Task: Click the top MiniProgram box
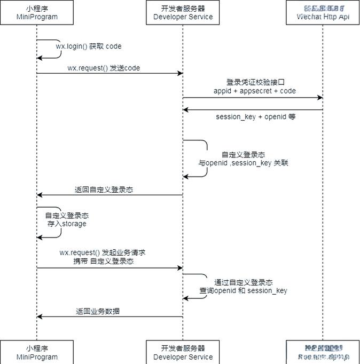click(x=37, y=12)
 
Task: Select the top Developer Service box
click(x=183, y=12)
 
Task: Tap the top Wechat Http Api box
click(x=323, y=12)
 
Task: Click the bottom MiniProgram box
click(x=37, y=352)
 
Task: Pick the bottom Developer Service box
click(x=183, y=352)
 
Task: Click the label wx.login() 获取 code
click(x=89, y=46)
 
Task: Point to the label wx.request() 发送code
click(x=104, y=68)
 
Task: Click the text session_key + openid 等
click(x=255, y=116)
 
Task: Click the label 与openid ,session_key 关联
click(x=243, y=163)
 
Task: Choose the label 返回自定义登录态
click(x=104, y=189)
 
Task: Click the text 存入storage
click(x=66, y=224)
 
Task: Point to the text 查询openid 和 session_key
click(x=243, y=291)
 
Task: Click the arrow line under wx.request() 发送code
click(x=109, y=74)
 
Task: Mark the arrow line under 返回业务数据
click(x=109, y=317)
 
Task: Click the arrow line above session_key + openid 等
click(x=253, y=110)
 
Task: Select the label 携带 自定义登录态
click(x=104, y=262)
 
